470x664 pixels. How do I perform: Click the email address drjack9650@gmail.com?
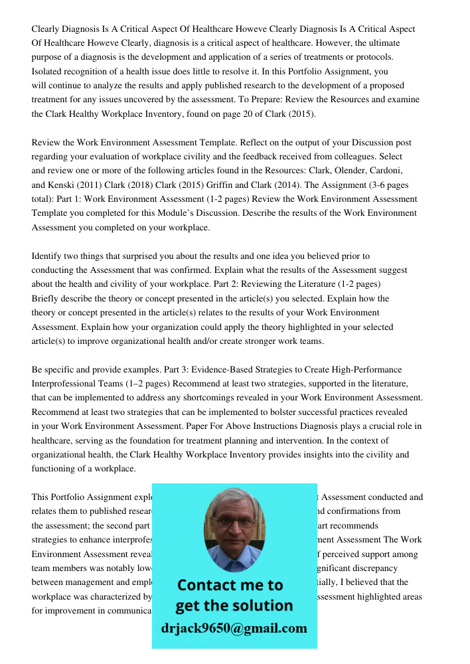[x=234, y=628]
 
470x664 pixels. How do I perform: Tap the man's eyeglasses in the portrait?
[x=234, y=522]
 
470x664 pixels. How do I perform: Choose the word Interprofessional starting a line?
[x=64, y=384]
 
